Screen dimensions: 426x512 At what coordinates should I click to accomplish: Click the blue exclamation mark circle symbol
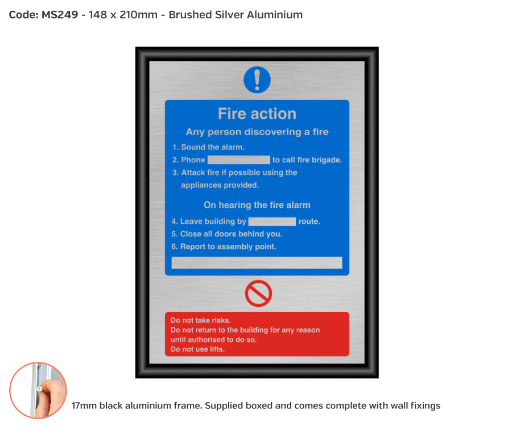(x=257, y=80)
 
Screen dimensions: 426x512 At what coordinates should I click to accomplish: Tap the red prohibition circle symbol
(x=258, y=294)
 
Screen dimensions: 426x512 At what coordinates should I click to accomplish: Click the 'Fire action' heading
(x=257, y=114)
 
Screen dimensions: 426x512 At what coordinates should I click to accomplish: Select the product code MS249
(x=60, y=15)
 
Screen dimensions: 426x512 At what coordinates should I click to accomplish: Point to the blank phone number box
(x=239, y=160)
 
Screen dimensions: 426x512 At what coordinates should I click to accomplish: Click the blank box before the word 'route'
(x=272, y=222)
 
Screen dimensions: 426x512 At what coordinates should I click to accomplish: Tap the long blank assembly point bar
(x=257, y=262)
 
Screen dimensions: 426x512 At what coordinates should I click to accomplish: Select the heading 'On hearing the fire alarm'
(x=257, y=205)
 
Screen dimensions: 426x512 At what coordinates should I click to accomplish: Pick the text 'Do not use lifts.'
(x=197, y=349)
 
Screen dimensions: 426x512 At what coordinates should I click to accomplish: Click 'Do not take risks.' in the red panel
(x=201, y=320)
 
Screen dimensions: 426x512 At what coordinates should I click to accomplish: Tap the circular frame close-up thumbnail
(x=38, y=390)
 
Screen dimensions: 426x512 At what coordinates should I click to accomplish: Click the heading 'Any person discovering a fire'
(x=257, y=132)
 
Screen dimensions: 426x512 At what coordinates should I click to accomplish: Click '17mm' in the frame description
(x=83, y=406)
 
